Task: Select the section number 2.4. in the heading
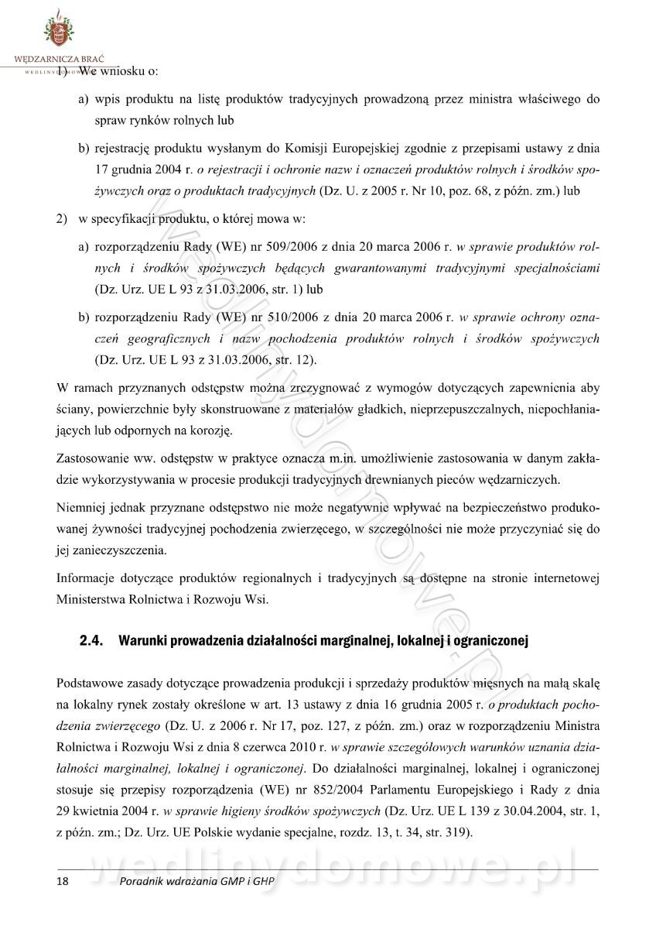coord(93,641)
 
